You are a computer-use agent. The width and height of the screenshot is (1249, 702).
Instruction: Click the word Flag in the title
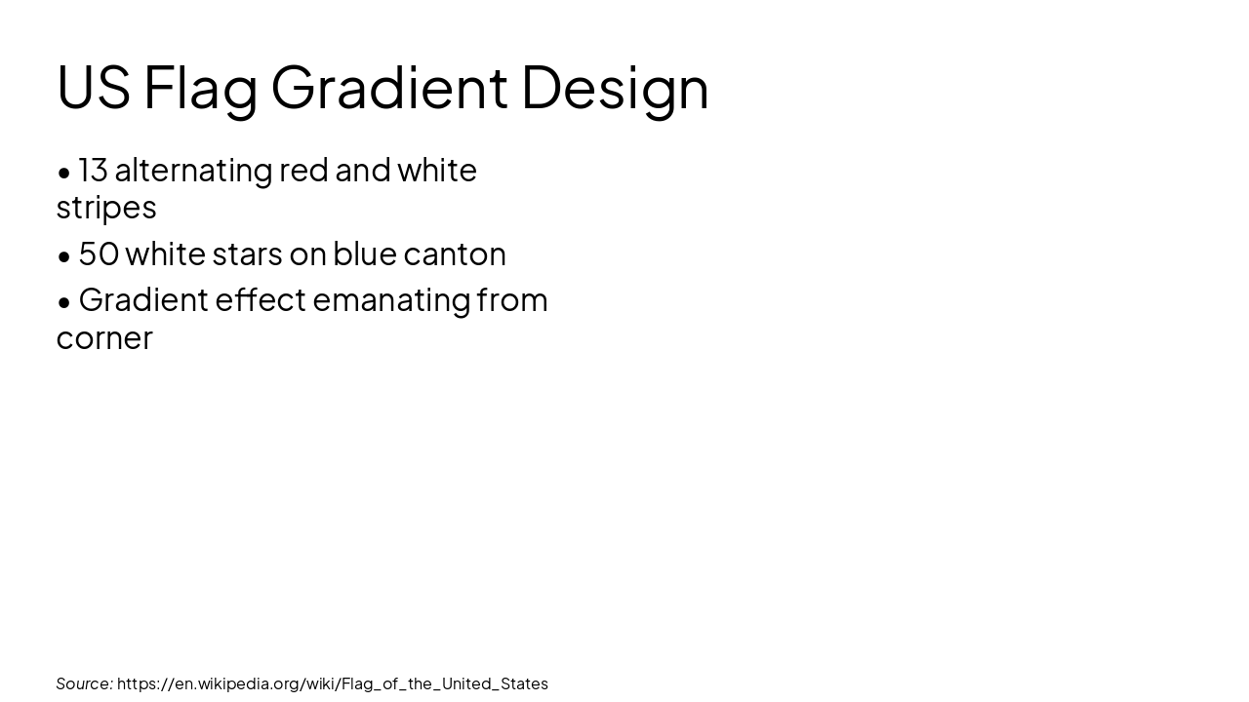tap(200, 88)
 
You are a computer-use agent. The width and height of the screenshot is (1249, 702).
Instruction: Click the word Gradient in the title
tap(388, 88)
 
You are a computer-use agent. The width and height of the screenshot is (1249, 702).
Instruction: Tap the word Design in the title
tap(615, 88)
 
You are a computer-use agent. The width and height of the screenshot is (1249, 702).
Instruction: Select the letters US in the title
tap(93, 88)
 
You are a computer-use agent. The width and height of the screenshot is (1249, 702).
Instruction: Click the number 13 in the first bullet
tap(93, 171)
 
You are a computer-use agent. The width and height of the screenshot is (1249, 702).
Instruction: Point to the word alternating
tap(193, 171)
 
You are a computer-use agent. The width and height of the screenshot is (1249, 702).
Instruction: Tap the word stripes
tap(105, 208)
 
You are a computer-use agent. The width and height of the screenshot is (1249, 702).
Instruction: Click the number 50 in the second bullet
tap(99, 253)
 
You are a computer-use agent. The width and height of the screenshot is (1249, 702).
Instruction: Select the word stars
tap(246, 253)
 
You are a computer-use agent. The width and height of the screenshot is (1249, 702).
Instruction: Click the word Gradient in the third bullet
tap(143, 300)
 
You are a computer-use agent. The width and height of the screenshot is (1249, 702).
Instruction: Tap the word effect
tap(261, 300)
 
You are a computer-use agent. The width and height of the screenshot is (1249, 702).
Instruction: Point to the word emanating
tap(391, 300)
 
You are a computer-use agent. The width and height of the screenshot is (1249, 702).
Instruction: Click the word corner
tap(104, 337)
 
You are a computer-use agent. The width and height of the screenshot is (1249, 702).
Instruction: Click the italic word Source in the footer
tap(83, 683)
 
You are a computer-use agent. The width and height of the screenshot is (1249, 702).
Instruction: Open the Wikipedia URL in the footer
tap(332, 683)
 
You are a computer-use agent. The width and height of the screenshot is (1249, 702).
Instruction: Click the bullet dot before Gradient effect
tap(64, 302)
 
